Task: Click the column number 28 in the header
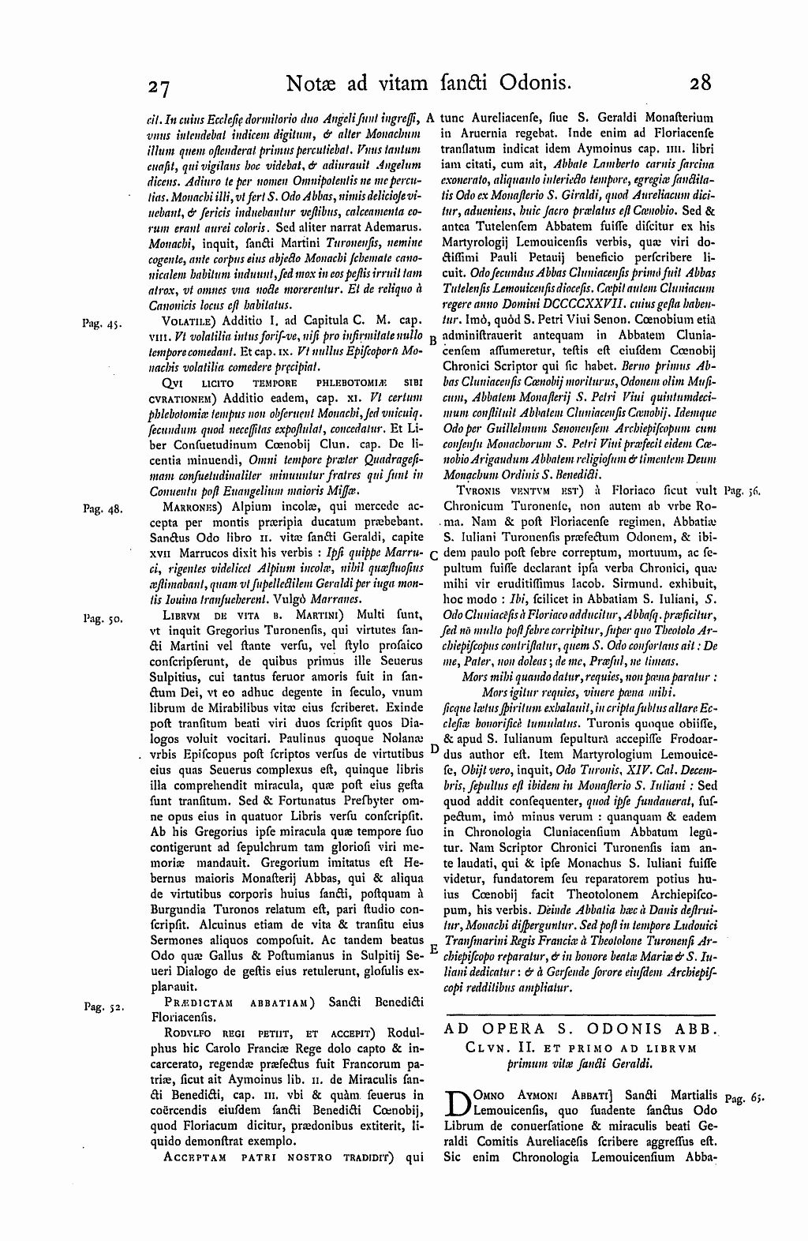[x=700, y=82]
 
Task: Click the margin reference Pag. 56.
[x=744, y=490]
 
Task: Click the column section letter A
[x=431, y=117]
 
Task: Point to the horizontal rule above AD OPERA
[x=581, y=1014]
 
